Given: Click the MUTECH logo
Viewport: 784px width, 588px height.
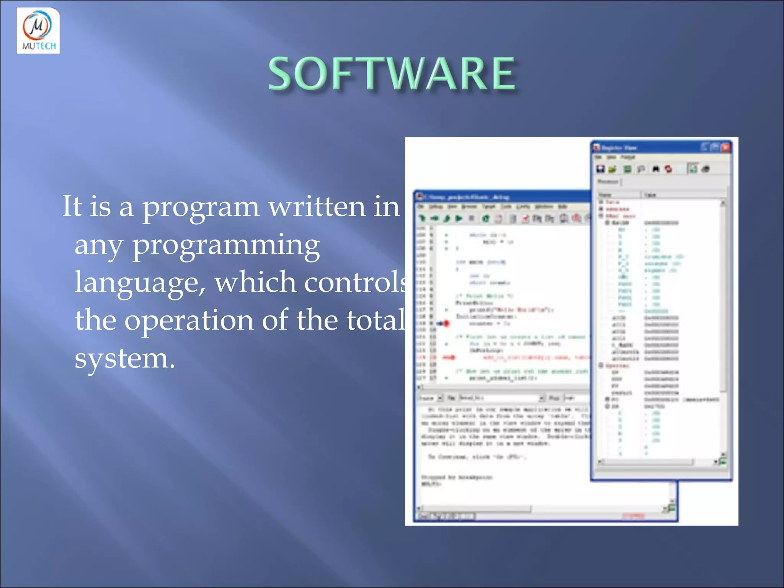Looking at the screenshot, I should point(38,31).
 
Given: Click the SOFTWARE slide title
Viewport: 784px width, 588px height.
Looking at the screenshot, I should point(392,73).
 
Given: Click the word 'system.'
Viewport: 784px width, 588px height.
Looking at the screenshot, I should point(125,358).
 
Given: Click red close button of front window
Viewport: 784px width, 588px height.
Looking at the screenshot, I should point(725,147).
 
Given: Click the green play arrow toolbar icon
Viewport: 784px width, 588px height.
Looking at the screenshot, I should point(459,219).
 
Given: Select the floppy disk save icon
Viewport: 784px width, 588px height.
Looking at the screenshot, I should point(600,169).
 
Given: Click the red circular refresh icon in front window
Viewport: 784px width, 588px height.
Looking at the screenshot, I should point(668,169).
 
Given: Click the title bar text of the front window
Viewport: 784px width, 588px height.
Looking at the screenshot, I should point(619,148).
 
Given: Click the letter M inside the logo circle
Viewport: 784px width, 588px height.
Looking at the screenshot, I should point(37,26).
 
